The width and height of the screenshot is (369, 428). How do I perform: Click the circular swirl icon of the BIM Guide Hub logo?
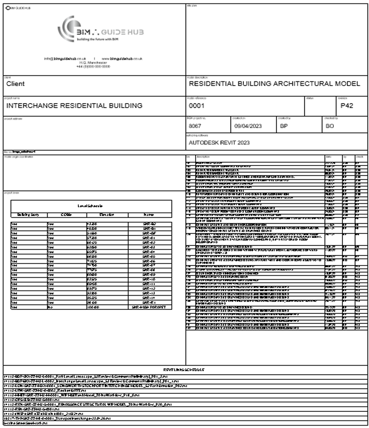click(68, 26)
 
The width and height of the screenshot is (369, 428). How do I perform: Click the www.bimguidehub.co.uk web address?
click(123, 58)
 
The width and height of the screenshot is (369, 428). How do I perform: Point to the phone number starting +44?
click(93, 66)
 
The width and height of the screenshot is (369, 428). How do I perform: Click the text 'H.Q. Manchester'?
click(93, 62)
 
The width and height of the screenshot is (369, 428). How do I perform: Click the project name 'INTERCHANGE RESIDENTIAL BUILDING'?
click(74, 106)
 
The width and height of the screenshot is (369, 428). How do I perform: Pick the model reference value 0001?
click(196, 106)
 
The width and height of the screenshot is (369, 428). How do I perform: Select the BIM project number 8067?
click(195, 126)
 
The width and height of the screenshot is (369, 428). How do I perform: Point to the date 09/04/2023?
click(248, 126)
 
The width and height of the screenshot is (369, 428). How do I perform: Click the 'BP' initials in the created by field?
click(284, 126)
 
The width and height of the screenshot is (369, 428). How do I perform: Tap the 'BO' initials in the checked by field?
click(330, 126)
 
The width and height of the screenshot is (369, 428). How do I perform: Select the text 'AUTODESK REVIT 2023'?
click(219, 142)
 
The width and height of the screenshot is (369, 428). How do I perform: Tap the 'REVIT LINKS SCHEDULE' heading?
click(184, 370)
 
